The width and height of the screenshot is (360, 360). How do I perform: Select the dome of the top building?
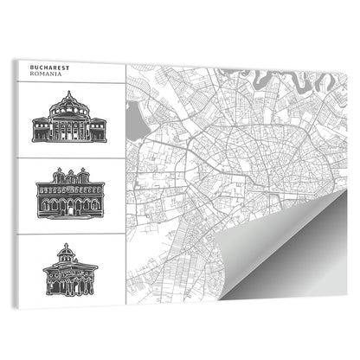coord(68,106)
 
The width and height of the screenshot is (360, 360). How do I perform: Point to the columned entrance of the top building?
coord(68,131)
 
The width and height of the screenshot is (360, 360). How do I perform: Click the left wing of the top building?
coord(41,132)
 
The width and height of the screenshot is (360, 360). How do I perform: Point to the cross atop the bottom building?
coord(69,245)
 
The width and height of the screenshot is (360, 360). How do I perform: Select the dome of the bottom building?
coord(69,255)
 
